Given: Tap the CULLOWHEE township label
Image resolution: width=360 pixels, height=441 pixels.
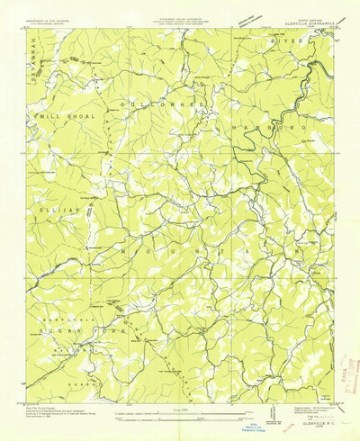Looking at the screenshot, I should [166, 105].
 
